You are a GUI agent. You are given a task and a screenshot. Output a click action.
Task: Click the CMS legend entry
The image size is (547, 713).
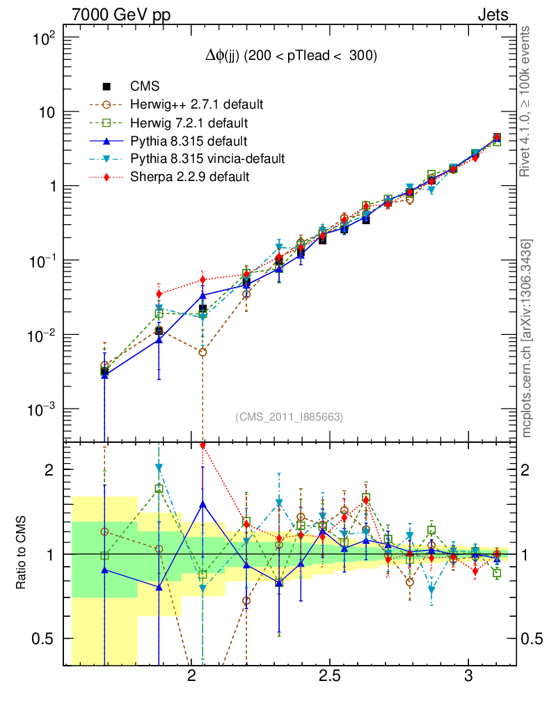click(x=145, y=86)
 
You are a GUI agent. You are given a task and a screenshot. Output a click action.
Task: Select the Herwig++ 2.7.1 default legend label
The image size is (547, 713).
click(x=197, y=104)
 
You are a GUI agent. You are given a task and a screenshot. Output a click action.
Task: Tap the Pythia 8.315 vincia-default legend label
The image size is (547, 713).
click(x=207, y=159)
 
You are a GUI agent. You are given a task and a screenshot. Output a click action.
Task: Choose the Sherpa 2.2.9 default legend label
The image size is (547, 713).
click(x=190, y=177)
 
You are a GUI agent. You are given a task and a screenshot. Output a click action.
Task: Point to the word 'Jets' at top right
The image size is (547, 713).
click(x=492, y=15)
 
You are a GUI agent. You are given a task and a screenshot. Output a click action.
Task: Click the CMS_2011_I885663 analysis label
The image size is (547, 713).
click(x=289, y=416)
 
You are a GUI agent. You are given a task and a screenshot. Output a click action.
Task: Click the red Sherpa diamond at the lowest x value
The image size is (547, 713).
click(x=159, y=293)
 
